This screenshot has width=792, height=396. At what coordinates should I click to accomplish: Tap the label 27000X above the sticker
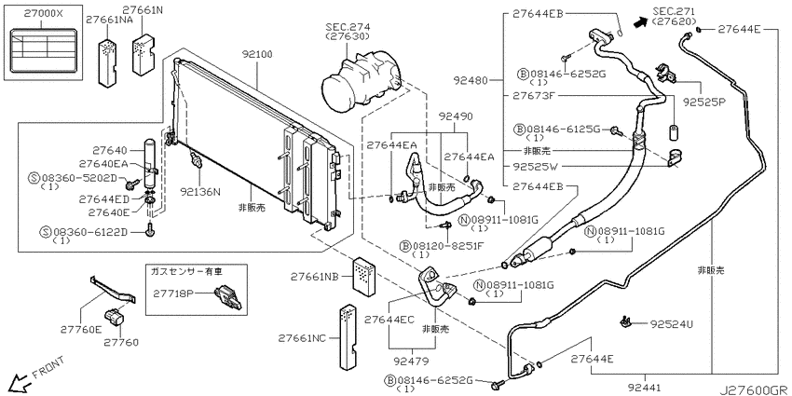(43, 14)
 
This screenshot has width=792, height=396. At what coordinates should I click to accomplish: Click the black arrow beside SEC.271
(639, 20)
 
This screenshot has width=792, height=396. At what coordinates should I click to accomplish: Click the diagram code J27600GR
(755, 389)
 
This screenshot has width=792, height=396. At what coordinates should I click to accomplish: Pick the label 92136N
(200, 192)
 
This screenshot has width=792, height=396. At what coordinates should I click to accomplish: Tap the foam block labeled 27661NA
(107, 61)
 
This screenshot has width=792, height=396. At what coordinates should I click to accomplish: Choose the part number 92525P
(704, 101)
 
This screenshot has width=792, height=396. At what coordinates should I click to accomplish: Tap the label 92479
(412, 362)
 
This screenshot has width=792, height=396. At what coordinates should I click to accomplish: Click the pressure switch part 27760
(115, 317)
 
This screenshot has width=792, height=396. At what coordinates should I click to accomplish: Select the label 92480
(470, 80)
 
